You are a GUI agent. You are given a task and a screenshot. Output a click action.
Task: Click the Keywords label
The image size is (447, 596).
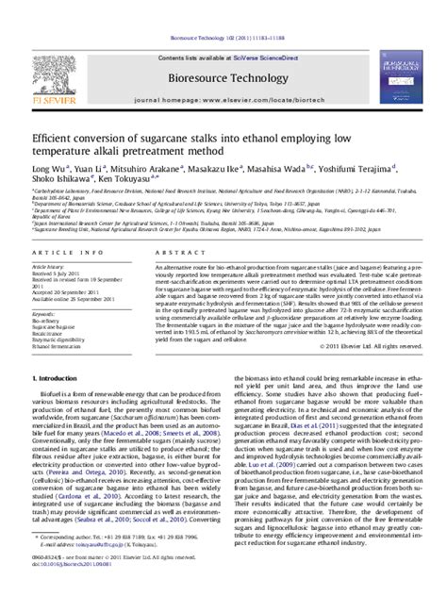coord(25,314)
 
